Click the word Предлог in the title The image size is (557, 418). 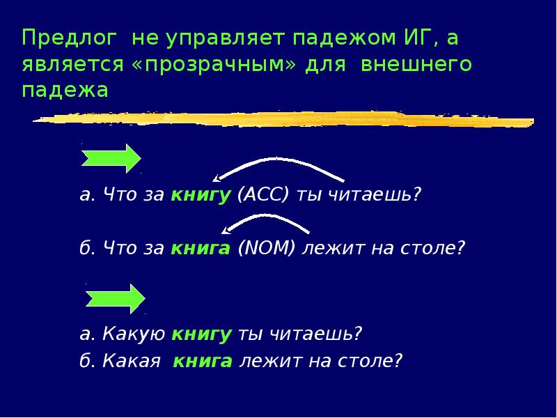pyautogui.click(x=68, y=37)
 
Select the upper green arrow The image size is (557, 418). pyautogui.click(x=111, y=159)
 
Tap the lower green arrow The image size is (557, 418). pyautogui.click(x=115, y=298)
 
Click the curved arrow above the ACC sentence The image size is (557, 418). pyautogui.click(x=278, y=168)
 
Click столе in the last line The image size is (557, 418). pyautogui.click(x=376, y=361)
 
